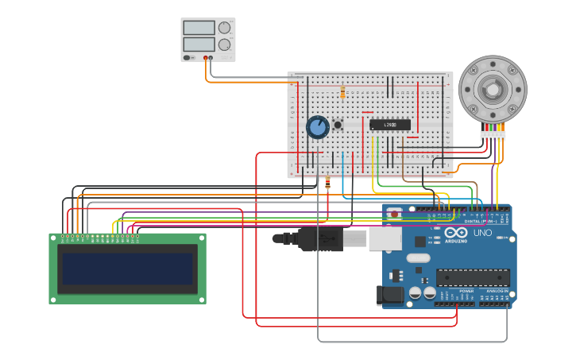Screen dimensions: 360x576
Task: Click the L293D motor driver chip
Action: pyautogui.click(x=390, y=125)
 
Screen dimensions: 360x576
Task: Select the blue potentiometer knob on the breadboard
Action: pyautogui.click(x=318, y=127)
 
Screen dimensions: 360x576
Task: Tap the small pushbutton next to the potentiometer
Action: pyautogui.click(x=338, y=125)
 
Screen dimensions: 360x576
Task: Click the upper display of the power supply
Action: pyautogui.click(x=199, y=28)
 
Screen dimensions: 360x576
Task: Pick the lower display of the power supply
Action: pyautogui.click(x=199, y=45)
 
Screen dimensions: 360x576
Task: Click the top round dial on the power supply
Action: pyautogui.click(x=225, y=29)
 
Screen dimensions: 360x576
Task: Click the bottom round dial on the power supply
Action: pyautogui.click(x=225, y=45)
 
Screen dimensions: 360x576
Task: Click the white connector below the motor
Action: pyautogui.click(x=493, y=135)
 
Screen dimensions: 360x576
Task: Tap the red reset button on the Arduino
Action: pyautogui.click(x=395, y=215)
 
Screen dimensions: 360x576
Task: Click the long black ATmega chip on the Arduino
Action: pyautogui.click(x=473, y=277)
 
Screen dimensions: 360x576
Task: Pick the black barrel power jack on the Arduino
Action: pyautogui.click(x=389, y=296)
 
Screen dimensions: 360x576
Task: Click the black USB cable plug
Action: pyautogui.click(x=318, y=238)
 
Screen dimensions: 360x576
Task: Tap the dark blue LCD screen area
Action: pyautogui.click(x=128, y=269)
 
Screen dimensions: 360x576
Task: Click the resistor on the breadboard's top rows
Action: pyautogui.click(x=342, y=93)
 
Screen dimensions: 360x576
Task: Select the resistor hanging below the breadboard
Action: pyautogui.click(x=328, y=184)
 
